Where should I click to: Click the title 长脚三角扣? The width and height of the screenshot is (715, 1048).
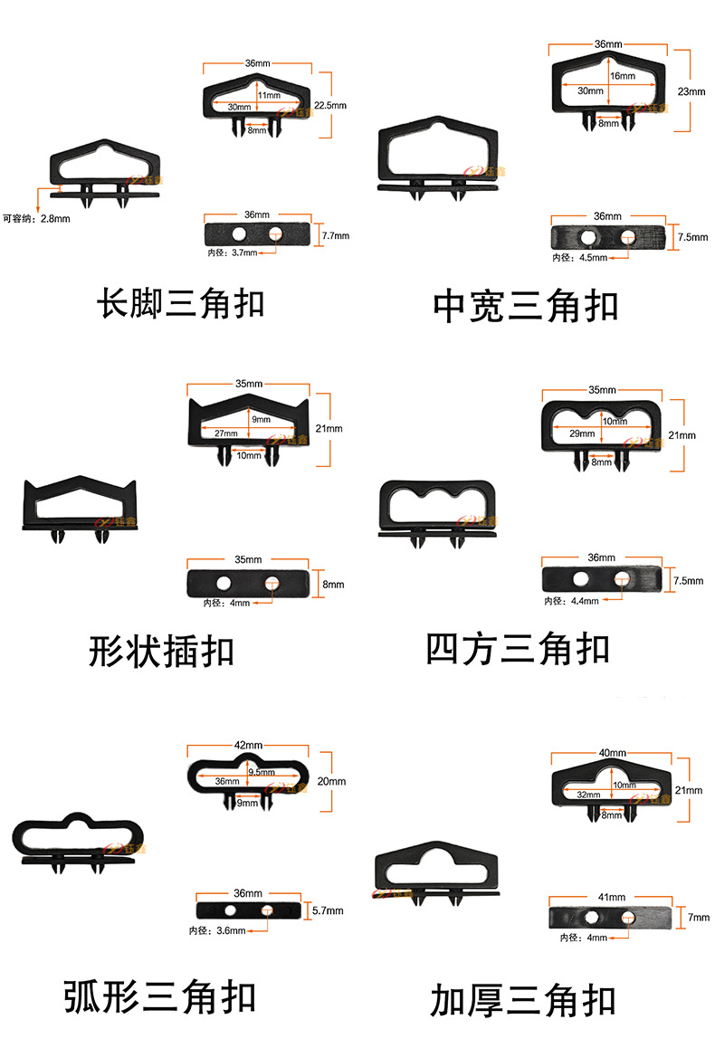180,303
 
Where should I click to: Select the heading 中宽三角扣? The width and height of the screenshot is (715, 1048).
525,306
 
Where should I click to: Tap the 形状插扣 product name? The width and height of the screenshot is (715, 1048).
161,651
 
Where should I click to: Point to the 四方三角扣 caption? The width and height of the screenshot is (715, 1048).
517,649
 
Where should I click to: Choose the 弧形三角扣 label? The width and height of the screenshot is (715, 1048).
159,996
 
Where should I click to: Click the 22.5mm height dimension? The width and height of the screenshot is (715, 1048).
329,105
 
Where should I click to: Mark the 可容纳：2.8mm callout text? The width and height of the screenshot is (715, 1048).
37,217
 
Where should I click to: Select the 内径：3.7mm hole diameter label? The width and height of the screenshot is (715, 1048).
233,252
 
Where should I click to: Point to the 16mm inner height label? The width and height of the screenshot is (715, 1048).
622,77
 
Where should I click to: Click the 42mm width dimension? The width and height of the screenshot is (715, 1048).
247,745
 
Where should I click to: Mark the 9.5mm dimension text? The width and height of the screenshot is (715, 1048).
261,772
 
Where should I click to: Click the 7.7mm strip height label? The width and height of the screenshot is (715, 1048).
336,235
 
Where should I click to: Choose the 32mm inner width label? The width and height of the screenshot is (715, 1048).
588,795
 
